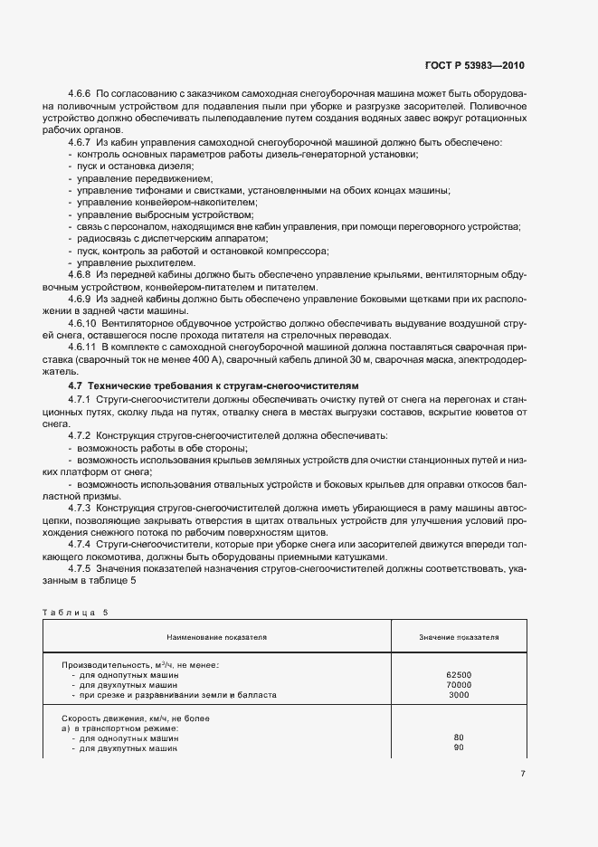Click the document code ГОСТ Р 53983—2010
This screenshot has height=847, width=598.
click(475, 66)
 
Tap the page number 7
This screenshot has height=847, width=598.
click(523, 774)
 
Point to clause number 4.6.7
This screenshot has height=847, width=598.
click(81, 143)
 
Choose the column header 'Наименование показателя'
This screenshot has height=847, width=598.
click(215, 637)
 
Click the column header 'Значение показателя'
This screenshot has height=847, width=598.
click(459, 637)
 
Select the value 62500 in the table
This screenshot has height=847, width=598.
click(459, 675)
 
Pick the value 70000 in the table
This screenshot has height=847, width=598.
click(459, 685)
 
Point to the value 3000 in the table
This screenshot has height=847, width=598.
click(459, 695)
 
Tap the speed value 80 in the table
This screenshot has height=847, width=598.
click(459, 738)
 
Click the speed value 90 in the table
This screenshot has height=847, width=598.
click(459, 747)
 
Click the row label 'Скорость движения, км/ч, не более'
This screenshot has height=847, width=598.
click(136, 718)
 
